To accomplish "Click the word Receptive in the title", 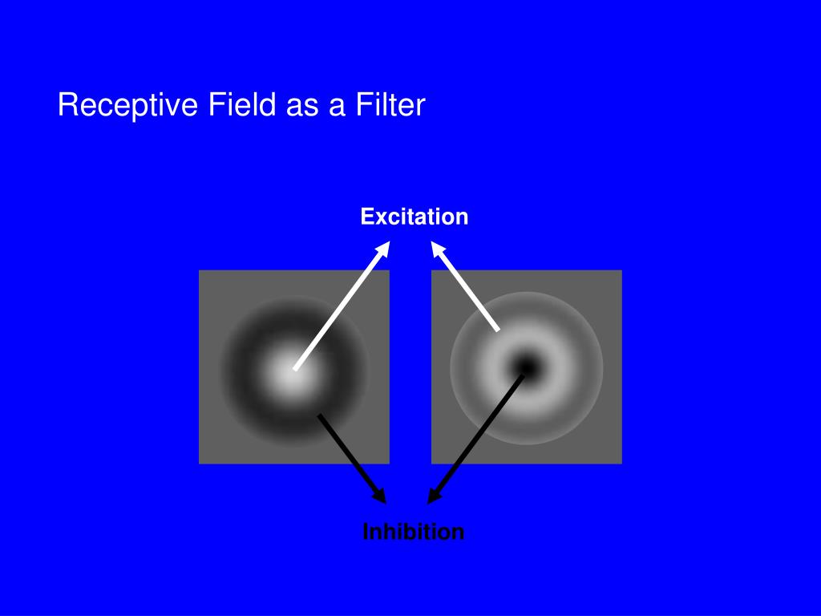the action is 127,106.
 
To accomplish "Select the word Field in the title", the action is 242,104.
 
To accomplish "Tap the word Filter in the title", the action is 390,104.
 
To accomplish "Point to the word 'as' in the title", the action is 302,107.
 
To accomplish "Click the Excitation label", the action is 415,217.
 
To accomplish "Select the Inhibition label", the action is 413,532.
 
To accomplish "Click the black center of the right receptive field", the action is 527,367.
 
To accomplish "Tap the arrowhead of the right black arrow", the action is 434,496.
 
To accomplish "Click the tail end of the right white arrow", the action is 497,330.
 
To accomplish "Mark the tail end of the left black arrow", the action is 320,416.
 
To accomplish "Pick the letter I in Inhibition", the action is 366,532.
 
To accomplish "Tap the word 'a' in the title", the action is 337,107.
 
